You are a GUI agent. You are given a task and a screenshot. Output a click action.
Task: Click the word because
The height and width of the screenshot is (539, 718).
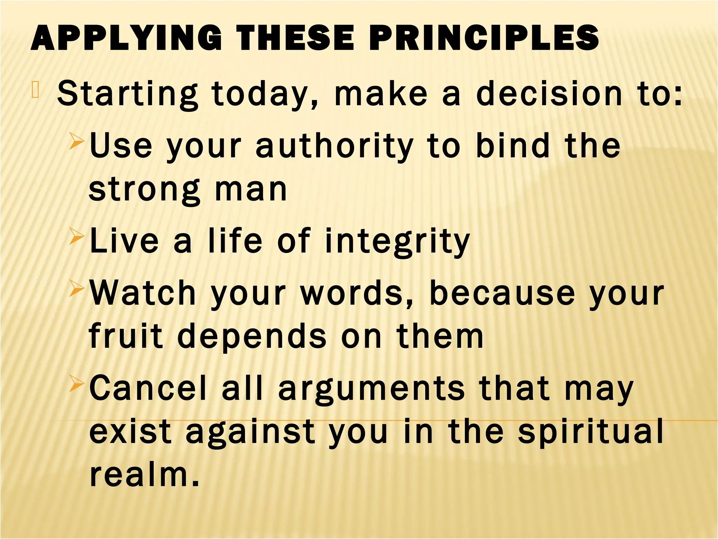502,293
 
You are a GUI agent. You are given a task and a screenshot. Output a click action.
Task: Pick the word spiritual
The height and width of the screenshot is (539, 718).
591,432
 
